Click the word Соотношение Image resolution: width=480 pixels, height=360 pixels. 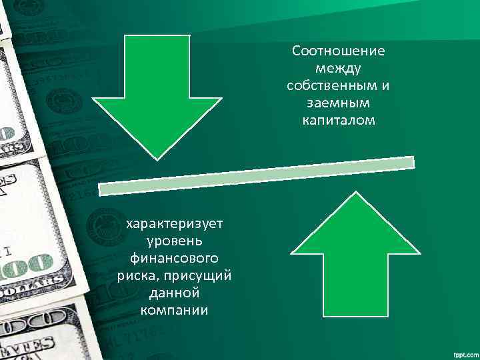[x=338, y=51]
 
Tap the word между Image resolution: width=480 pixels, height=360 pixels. [x=338, y=68]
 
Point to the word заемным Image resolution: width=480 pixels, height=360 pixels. [x=338, y=103]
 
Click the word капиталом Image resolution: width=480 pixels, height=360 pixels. [x=338, y=121]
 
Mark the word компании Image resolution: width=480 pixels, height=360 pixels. [x=175, y=310]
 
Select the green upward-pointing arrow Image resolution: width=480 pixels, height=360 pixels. [x=356, y=260]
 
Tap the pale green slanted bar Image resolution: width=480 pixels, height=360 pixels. [x=257, y=175]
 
